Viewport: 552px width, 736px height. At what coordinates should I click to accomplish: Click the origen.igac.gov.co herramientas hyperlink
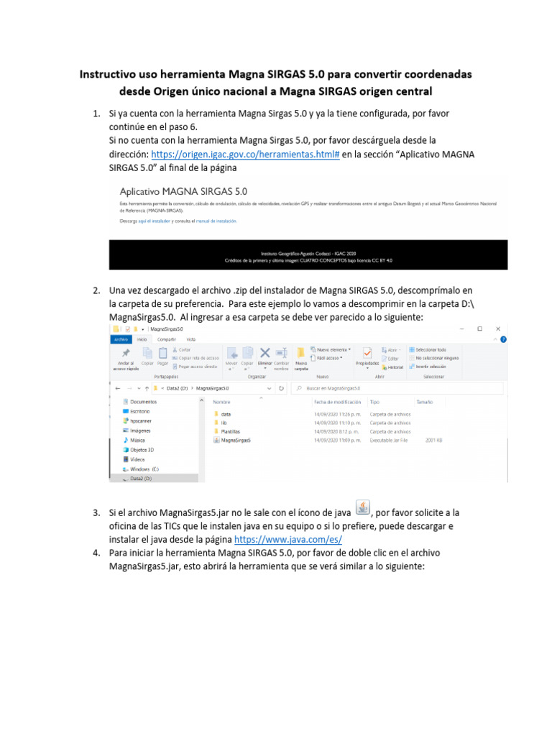244,155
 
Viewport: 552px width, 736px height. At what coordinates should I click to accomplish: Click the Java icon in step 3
363,508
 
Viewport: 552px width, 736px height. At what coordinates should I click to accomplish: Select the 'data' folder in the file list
226,414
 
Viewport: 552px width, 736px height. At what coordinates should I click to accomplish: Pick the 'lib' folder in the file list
224,423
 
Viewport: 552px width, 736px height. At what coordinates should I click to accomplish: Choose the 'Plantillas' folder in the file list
230,431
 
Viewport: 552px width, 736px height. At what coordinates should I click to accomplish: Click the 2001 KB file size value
433,440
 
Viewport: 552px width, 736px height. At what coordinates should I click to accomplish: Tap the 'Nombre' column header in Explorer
221,402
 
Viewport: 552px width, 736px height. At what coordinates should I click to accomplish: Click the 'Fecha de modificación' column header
337,402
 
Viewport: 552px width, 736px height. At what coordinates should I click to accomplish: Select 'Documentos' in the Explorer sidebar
143,402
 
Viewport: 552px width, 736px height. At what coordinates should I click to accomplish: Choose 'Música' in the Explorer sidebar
137,439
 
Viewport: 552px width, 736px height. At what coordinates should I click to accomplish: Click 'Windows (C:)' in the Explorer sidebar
144,468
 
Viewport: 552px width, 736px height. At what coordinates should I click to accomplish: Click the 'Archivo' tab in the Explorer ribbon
120,339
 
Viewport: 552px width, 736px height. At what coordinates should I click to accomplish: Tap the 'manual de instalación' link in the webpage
216,221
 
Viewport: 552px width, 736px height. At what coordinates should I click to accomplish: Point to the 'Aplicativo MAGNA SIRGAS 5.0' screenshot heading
183,191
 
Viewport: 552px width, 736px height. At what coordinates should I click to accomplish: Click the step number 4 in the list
96,553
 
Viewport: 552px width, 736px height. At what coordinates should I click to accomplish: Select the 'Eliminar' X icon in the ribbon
264,352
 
